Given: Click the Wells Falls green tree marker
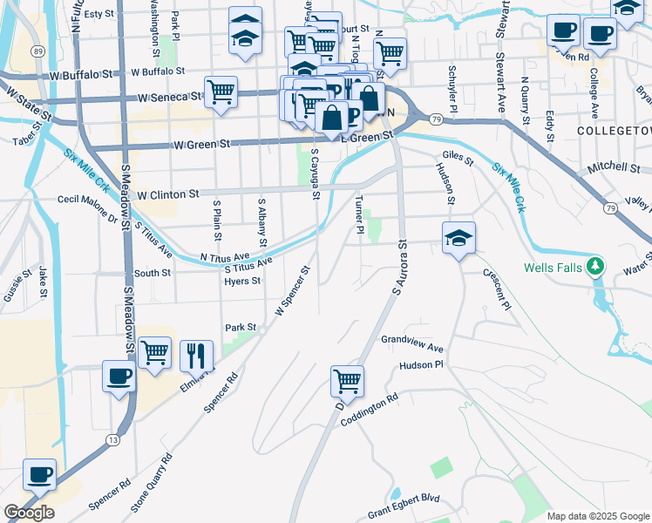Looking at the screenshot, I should click(595, 266).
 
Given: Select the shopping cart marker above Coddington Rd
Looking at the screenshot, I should click(347, 381).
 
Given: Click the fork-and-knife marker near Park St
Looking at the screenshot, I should click(195, 355).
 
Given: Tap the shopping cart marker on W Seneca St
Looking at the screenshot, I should click(221, 92).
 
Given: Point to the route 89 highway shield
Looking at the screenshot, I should click(37, 51).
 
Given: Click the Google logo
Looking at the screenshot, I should click(29, 512).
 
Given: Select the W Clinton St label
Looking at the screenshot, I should click(168, 194).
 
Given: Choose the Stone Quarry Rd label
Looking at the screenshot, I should click(152, 482).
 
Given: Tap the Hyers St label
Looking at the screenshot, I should click(242, 281).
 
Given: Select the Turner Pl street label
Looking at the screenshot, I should click(359, 214).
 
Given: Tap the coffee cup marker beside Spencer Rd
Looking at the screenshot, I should click(39, 476).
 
